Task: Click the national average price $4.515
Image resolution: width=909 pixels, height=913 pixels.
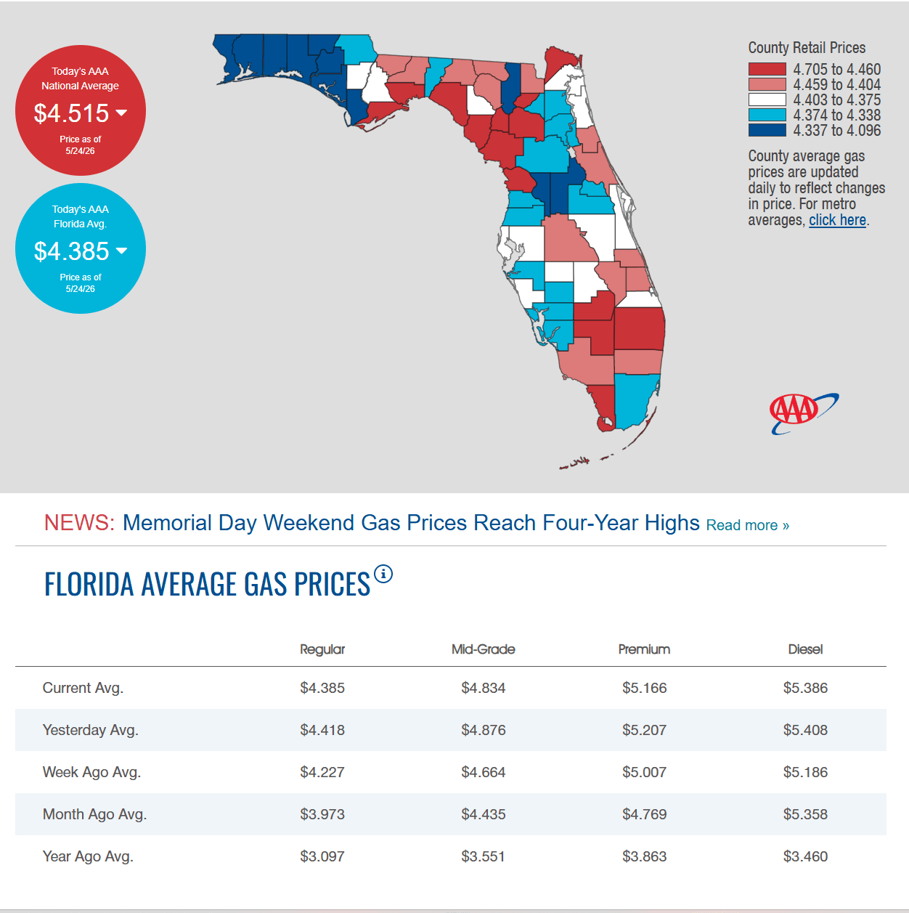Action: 72,113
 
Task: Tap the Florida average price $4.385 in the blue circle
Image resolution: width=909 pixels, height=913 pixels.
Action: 72,251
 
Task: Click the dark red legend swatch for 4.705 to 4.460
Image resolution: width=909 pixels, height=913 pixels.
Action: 767,69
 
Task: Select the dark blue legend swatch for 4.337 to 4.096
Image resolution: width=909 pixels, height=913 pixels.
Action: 767,130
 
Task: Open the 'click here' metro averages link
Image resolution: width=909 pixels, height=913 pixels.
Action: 837,220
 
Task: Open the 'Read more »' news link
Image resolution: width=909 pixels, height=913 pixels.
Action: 748,525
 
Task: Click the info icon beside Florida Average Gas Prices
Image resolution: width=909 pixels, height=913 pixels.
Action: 383,575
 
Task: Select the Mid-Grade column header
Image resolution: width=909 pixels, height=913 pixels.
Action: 483,649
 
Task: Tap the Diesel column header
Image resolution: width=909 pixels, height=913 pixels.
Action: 805,649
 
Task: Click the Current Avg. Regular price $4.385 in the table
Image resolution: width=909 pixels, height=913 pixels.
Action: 322,688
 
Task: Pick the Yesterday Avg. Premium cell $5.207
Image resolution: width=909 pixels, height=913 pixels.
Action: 644,730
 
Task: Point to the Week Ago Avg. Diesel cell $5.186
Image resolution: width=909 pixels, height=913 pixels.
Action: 805,772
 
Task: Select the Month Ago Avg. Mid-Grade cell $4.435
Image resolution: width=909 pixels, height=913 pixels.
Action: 483,814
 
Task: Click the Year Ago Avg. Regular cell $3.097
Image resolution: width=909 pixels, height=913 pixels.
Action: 322,856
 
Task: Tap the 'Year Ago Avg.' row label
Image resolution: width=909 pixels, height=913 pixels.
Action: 88,856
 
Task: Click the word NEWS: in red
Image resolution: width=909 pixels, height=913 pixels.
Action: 80,523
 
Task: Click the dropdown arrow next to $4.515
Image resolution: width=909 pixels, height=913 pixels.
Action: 121,113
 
